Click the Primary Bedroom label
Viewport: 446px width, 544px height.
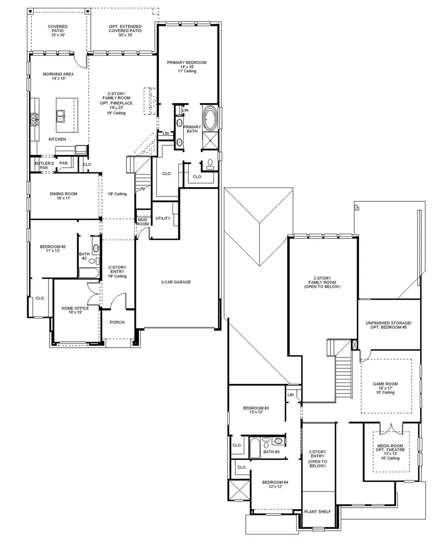tap(186, 63)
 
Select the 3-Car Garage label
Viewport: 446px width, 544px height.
tap(175, 282)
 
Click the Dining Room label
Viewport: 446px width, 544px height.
tap(63, 194)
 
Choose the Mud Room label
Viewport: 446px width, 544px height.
tap(143, 221)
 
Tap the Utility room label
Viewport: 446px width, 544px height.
tap(163, 218)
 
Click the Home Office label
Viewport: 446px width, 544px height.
tap(75, 308)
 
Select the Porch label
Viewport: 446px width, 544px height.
tap(117, 322)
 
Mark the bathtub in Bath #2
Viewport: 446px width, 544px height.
tap(88, 273)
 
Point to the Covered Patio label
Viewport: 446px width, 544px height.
tap(58, 27)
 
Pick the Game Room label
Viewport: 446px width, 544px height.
tap(386, 384)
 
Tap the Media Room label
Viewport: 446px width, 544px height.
tap(390, 446)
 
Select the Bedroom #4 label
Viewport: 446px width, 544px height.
tap(269, 483)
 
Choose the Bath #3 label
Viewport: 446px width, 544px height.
tap(272, 452)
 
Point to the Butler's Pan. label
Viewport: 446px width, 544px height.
tap(41, 165)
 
